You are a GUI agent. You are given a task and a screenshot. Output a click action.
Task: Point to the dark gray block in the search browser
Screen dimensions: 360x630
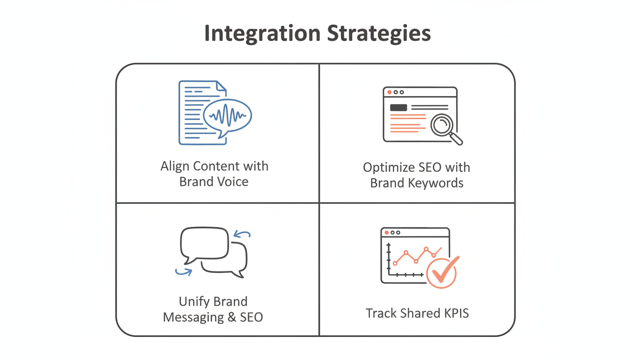pyautogui.click(x=398, y=107)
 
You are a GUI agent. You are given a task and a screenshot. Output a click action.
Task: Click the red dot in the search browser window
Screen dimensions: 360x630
pyautogui.click(x=389, y=92)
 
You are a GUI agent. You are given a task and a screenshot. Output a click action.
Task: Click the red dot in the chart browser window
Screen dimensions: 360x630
pyautogui.click(x=387, y=232)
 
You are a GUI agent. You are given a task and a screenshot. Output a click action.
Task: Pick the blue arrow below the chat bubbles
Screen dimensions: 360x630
pyautogui.click(x=183, y=271)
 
